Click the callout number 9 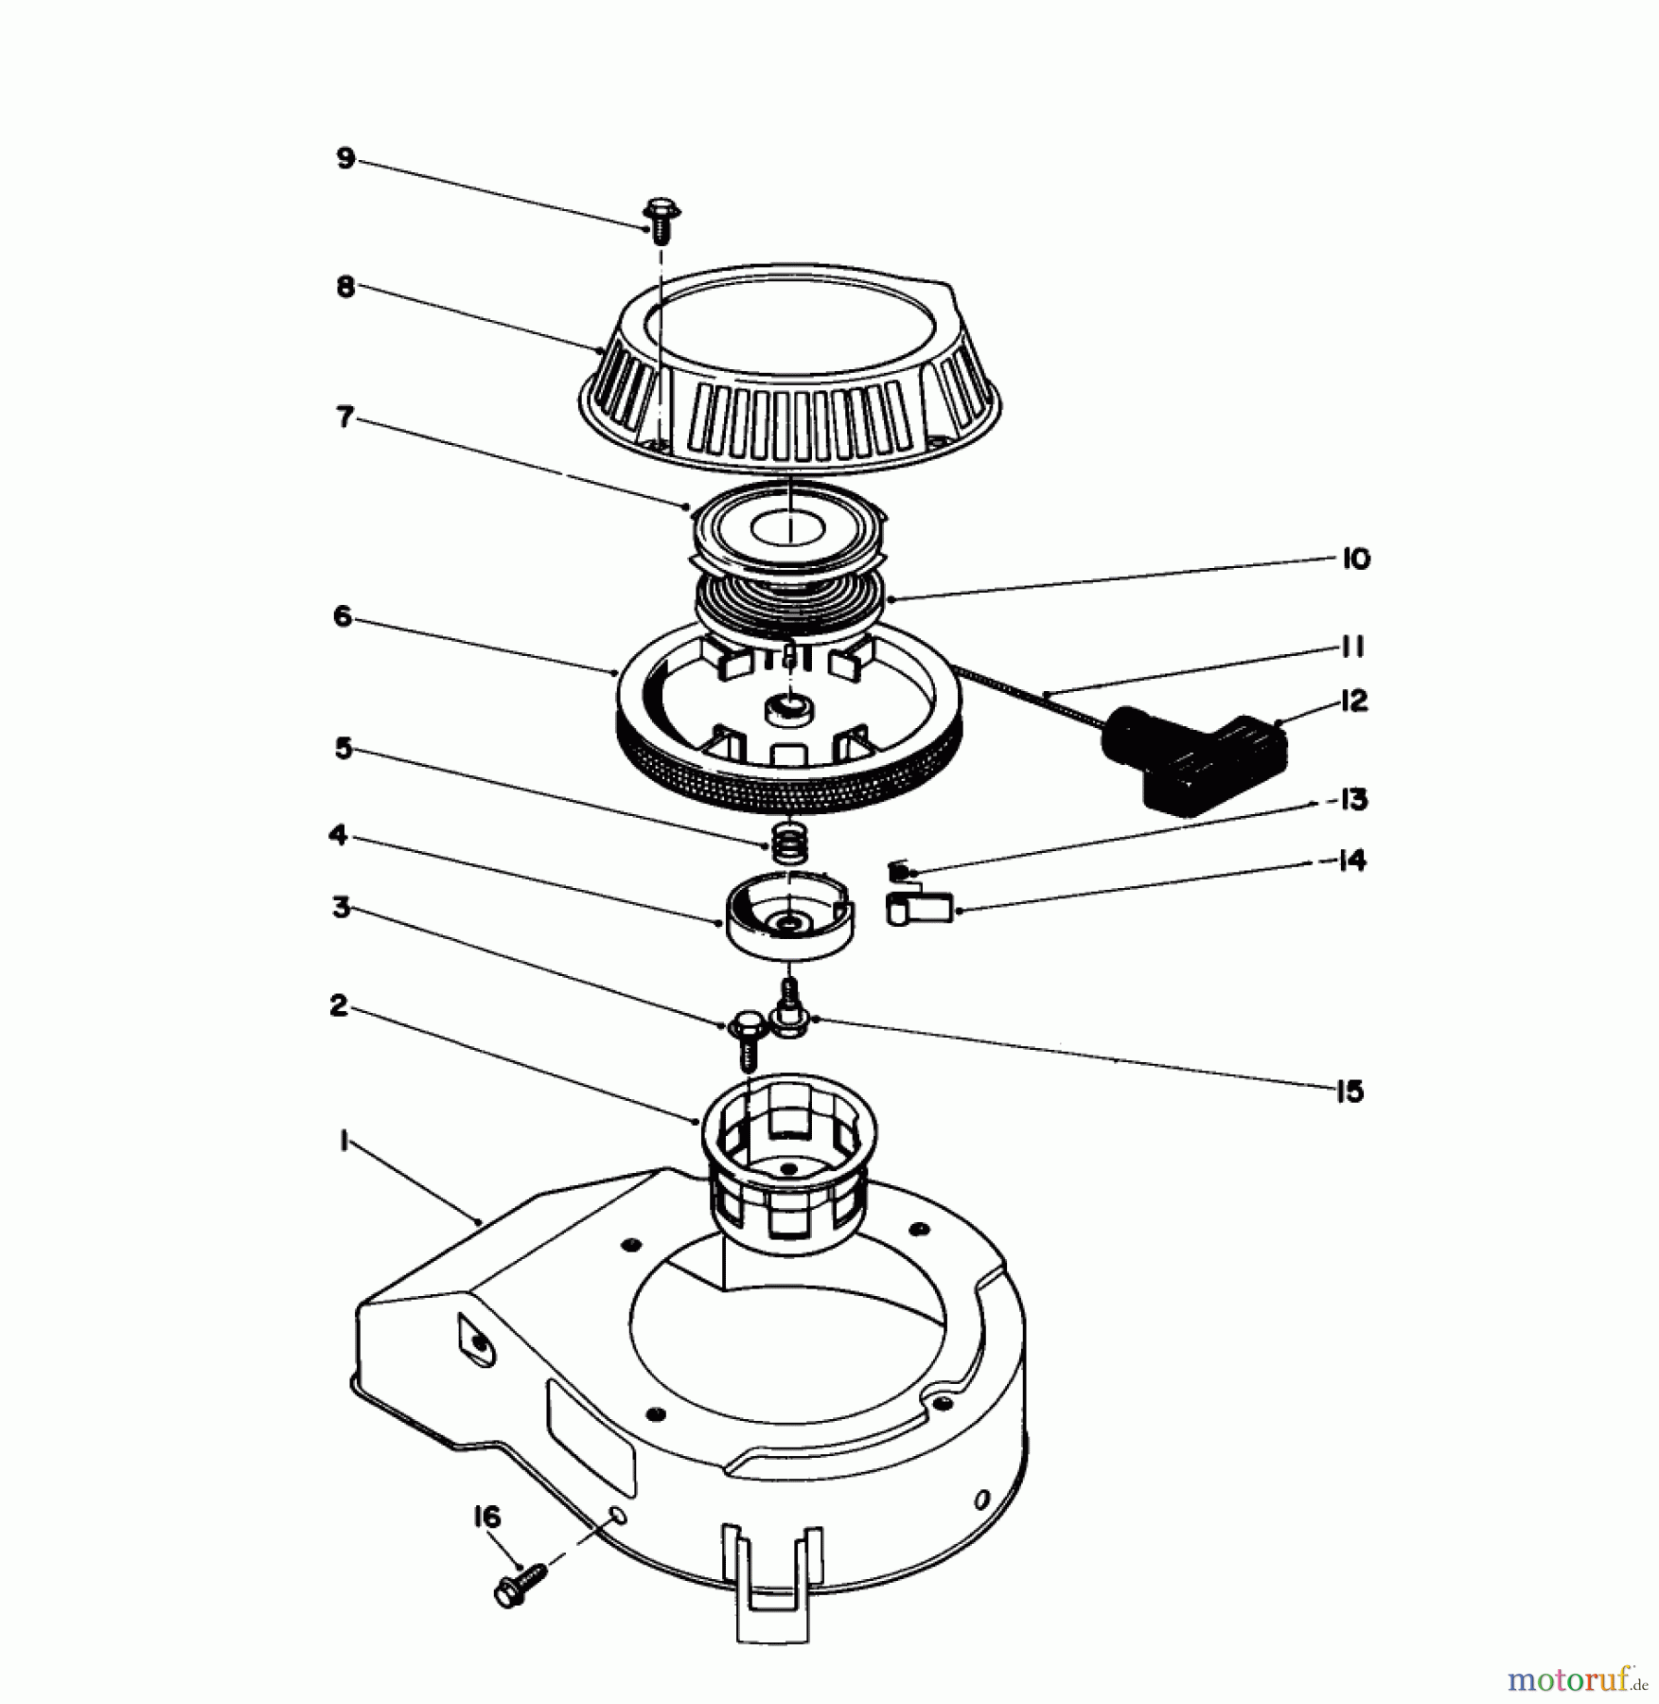pyautogui.click(x=345, y=157)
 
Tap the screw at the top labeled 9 pyautogui.click(x=661, y=220)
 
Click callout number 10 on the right pyautogui.click(x=1355, y=559)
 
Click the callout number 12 pyautogui.click(x=1354, y=701)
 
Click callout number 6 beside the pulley pyautogui.click(x=343, y=616)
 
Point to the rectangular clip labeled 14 pyautogui.click(x=918, y=909)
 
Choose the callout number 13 pyautogui.click(x=1354, y=800)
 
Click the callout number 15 pyautogui.click(x=1350, y=1092)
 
